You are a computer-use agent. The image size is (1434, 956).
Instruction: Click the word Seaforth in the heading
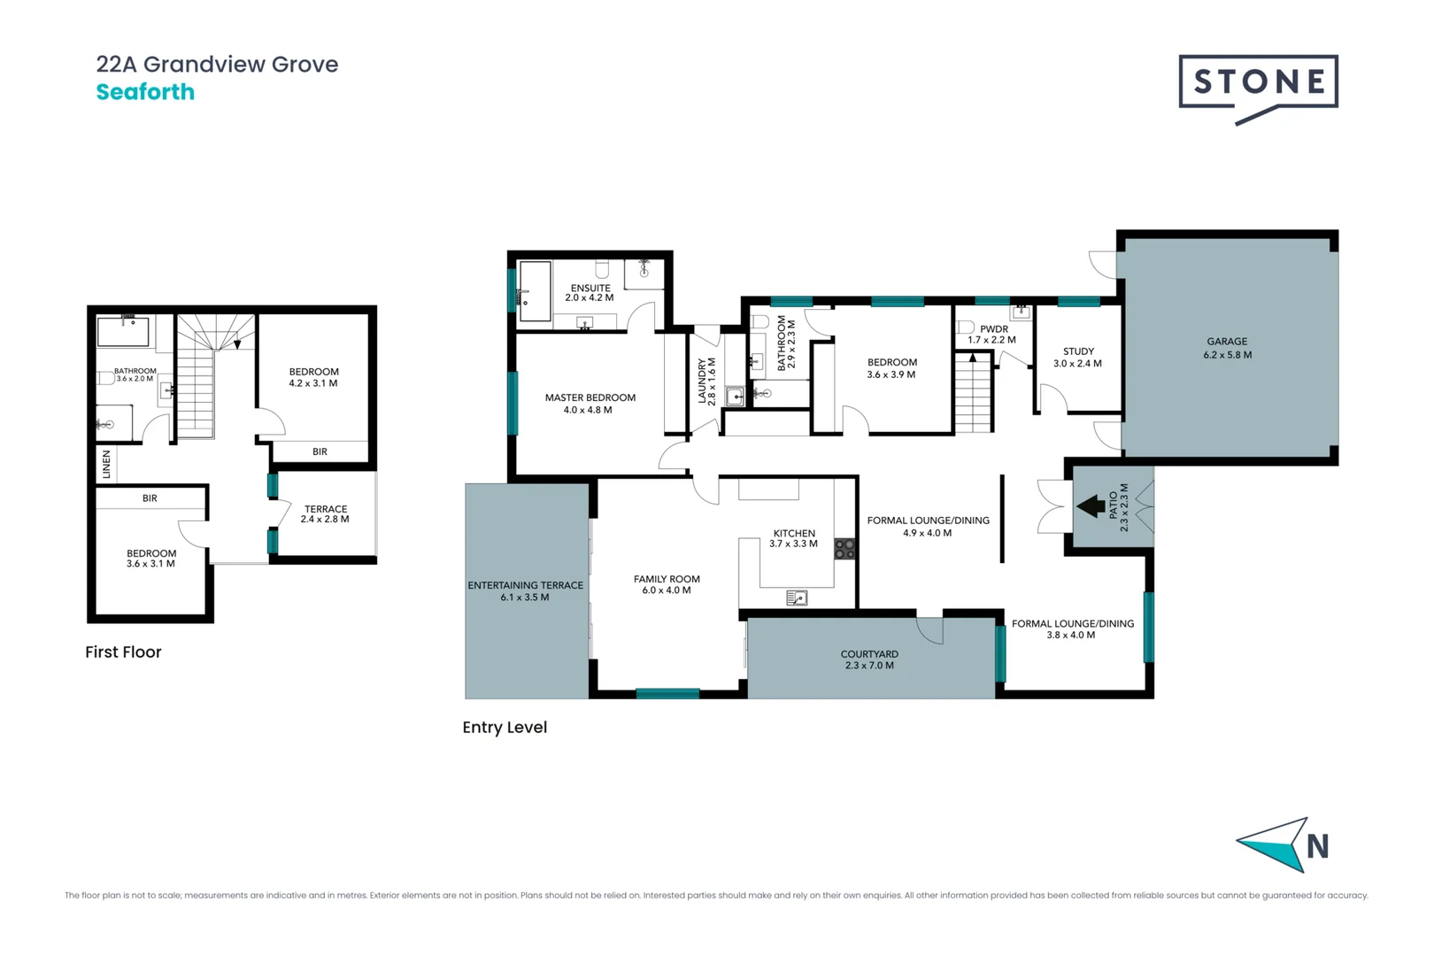(x=145, y=92)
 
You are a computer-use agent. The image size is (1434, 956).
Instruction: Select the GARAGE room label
(x=1227, y=342)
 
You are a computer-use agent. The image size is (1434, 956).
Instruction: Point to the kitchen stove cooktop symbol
(x=844, y=549)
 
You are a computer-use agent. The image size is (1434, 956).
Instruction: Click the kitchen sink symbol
(x=797, y=598)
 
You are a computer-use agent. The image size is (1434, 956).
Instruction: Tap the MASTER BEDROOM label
(x=590, y=398)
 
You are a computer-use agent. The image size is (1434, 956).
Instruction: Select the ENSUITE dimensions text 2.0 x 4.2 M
(x=590, y=298)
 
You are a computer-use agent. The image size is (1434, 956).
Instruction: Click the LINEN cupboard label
(x=106, y=464)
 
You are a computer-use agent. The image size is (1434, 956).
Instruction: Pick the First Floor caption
(x=123, y=652)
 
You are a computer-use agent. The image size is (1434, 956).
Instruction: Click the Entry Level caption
(x=505, y=728)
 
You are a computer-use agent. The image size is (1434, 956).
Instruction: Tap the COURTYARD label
(x=869, y=655)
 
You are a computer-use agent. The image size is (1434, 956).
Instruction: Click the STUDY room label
(x=1078, y=351)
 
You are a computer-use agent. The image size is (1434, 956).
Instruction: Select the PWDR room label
(x=994, y=329)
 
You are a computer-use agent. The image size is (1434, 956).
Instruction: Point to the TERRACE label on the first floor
(x=326, y=510)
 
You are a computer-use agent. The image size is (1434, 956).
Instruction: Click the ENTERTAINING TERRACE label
(x=525, y=586)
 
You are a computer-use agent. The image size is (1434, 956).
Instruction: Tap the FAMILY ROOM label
(x=667, y=580)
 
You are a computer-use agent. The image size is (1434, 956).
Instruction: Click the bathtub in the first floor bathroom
(x=122, y=332)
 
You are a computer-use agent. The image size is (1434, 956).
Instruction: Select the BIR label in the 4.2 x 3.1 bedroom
(x=320, y=452)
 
